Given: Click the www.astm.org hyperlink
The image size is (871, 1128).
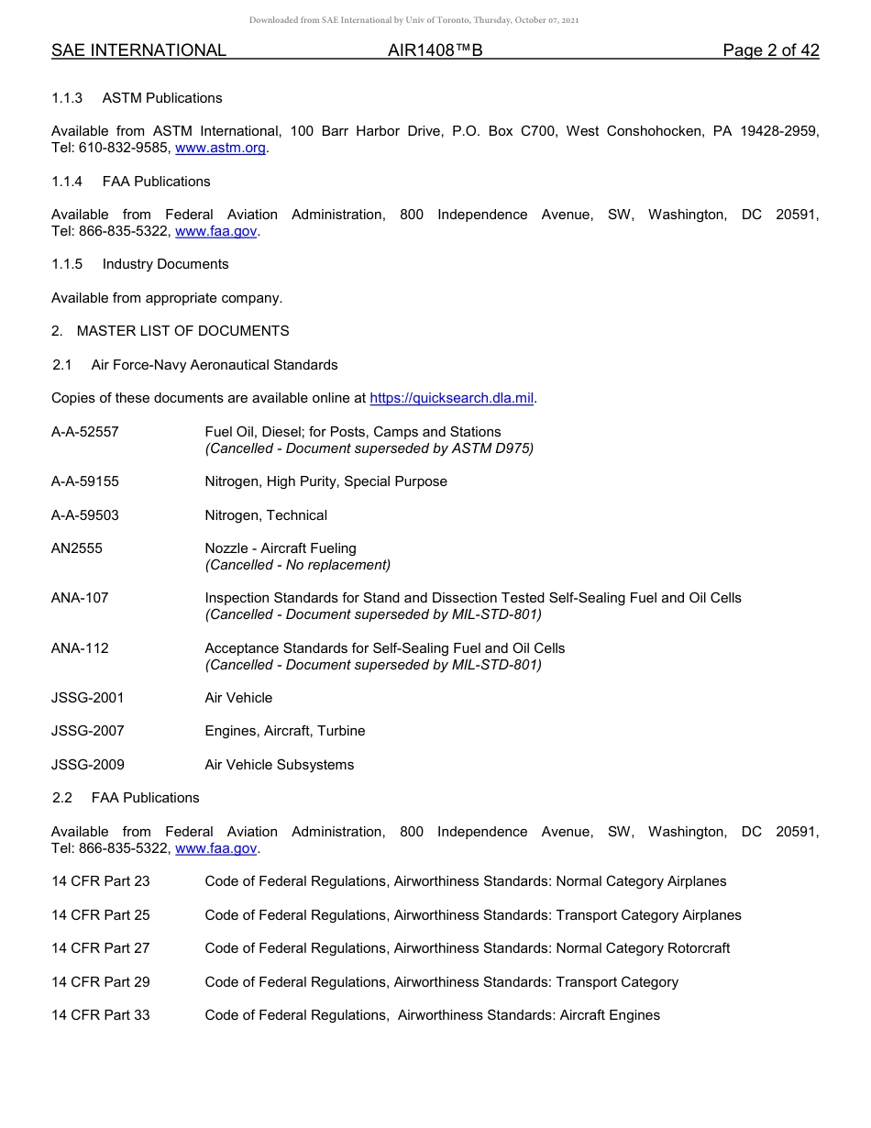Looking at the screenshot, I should [x=220, y=148].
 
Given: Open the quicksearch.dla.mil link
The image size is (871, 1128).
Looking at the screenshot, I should [x=451, y=398].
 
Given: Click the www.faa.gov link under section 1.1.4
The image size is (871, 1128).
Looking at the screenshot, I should [x=215, y=231].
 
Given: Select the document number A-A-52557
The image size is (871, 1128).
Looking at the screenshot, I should [x=85, y=432].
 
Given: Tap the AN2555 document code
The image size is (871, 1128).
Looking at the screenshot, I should [x=77, y=548].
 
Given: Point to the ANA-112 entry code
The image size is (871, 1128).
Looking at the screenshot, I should [x=80, y=648].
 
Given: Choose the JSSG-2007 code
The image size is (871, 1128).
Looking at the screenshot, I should [x=88, y=731].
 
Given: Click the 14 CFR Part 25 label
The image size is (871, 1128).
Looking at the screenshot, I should [x=101, y=915].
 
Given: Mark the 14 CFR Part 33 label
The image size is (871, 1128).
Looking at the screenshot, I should [x=101, y=1015].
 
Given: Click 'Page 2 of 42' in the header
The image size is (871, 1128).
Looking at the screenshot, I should [x=770, y=50].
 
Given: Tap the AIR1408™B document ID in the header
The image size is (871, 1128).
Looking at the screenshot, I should [x=435, y=50].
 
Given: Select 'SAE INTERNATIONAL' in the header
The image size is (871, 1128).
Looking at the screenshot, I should [x=138, y=50].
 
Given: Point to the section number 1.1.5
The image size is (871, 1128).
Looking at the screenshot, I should [x=67, y=264].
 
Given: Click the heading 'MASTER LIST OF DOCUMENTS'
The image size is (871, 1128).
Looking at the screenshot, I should [x=182, y=331].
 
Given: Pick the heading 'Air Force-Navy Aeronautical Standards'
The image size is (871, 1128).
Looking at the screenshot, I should [x=215, y=365].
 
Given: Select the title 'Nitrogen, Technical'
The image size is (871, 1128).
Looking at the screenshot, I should [x=266, y=515].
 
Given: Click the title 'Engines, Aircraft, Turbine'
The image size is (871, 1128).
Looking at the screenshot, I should [x=285, y=731].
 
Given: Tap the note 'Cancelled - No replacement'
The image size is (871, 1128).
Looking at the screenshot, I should [x=298, y=565].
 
